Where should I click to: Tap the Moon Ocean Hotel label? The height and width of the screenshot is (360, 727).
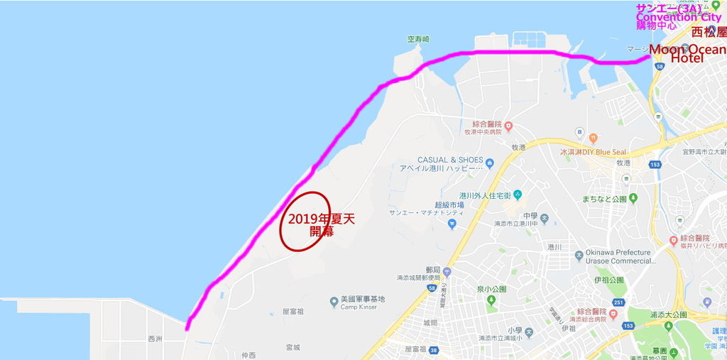[x=687, y=53]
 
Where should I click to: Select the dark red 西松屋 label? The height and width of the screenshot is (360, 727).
[x=709, y=33]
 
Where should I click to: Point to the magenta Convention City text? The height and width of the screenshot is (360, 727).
[x=678, y=17]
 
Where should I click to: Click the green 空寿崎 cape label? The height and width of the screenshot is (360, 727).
[x=419, y=40]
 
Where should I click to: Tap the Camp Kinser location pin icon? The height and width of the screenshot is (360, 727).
[x=334, y=302]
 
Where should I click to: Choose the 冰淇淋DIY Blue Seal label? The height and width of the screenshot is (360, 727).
[x=593, y=151]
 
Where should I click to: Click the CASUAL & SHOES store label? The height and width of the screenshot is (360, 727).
[x=450, y=160]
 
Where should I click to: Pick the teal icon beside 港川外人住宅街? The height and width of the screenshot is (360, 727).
[x=518, y=195]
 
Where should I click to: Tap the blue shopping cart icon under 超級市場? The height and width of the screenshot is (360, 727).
[x=452, y=224]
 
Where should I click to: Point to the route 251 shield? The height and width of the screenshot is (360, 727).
[x=618, y=303]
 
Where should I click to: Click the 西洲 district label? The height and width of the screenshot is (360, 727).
[x=155, y=339]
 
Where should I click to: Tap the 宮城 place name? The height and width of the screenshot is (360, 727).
[x=293, y=347]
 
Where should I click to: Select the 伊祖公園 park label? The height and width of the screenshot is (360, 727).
[x=610, y=280]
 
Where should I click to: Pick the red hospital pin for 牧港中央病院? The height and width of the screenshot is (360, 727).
[x=508, y=126]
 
